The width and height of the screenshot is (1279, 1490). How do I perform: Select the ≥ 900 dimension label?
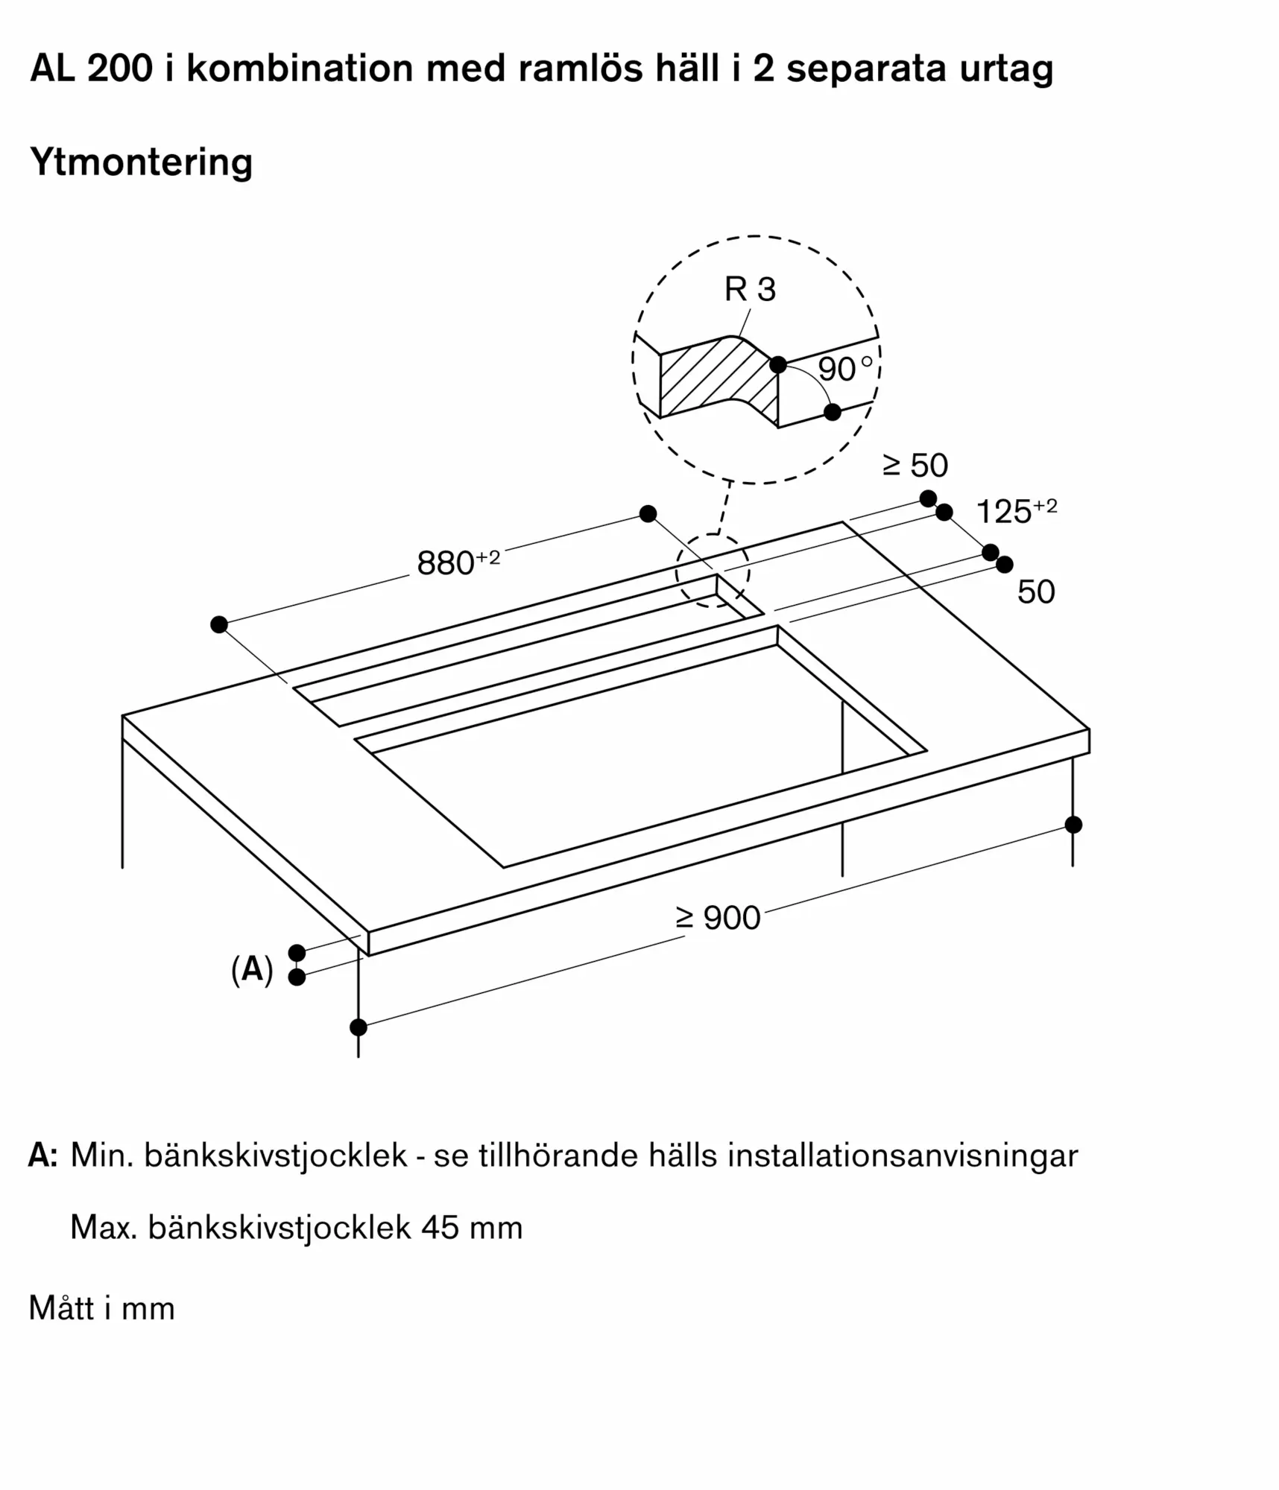click(718, 918)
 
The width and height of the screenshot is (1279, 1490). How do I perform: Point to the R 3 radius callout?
click(750, 289)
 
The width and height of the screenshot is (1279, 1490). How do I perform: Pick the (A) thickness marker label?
click(252, 970)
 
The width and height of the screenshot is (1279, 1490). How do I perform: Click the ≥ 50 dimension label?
click(915, 466)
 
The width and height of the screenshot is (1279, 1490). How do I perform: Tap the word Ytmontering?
click(142, 162)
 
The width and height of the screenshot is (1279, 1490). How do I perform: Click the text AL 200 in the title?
click(91, 69)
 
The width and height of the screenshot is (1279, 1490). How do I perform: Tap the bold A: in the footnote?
click(43, 1155)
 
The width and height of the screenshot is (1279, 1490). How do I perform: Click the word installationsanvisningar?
click(903, 1155)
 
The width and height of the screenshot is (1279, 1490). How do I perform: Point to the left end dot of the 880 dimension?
click(218, 624)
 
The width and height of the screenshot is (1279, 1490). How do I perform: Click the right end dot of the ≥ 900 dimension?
click(1073, 825)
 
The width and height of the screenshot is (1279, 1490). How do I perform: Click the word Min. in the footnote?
click(101, 1155)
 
